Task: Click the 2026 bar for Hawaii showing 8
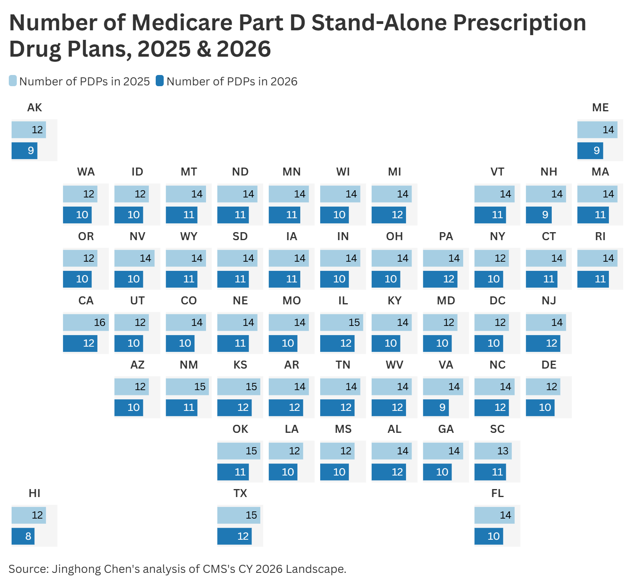click(x=23, y=536)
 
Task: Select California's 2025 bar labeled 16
click(x=85, y=322)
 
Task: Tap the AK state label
click(x=35, y=108)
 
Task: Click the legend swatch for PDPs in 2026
click(x=160, y=81)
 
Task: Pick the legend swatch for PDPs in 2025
click(x=13, y=81)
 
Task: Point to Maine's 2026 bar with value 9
click(x=590, y=151)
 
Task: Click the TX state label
click(x=240, y=493)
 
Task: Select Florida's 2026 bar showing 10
click(x=489, y=536)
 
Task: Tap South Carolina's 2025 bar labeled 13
click(x=493, y=451)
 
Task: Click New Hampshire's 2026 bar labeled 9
click(x=539, y=215)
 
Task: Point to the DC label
click(x=497, y=301)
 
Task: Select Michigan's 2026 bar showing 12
click(x=388, y=215)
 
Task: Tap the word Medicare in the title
click(x=182, y=23)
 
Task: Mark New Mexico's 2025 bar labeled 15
click(x=187, y=387)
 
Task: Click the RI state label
click(x=600, y=237)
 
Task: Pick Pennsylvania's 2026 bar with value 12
click(x=440, y=279)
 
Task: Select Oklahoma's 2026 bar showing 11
click(x=233, y=472)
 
